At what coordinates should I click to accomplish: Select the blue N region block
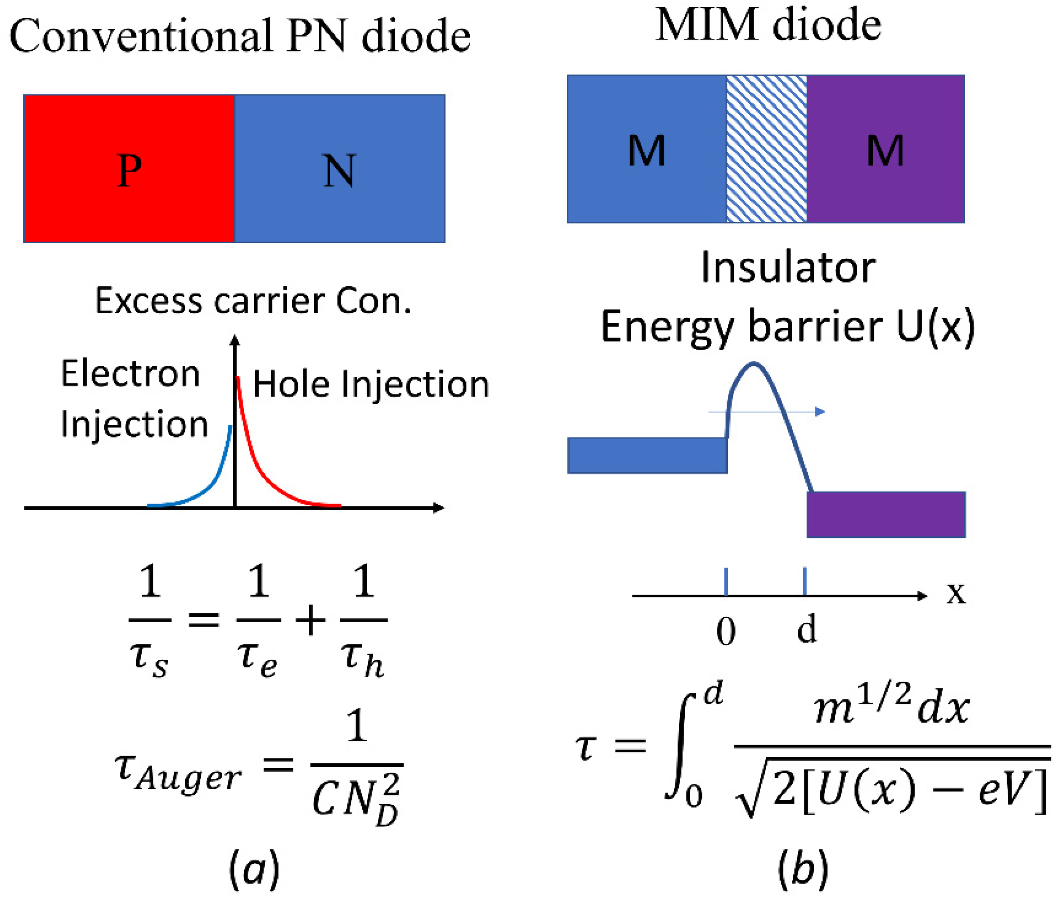point(339,168)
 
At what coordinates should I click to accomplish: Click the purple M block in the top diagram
point(886,149)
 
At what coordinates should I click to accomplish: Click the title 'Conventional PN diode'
point(240,36)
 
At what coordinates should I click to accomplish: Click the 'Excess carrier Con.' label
point(253,301)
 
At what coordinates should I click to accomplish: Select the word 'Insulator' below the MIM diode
point(788,268)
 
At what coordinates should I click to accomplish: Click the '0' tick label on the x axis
point(726,631)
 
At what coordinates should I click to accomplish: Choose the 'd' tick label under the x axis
point(806,629)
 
